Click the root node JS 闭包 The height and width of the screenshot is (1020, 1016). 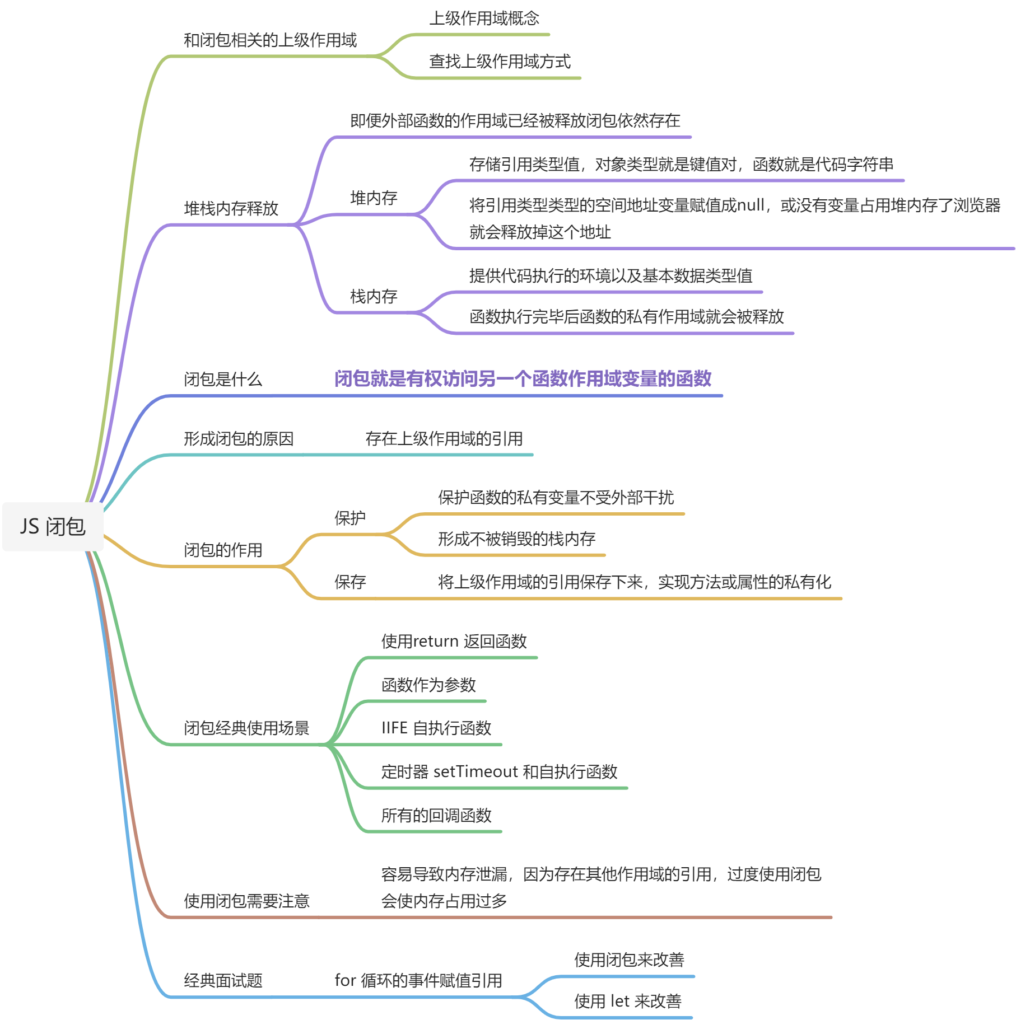tap(53, 527)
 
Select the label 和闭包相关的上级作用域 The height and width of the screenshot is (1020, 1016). tap(270, 40)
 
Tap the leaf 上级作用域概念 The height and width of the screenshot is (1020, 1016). tap(484, 18)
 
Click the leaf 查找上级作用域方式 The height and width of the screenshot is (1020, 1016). tap(500, 62)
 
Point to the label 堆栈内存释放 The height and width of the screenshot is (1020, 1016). tap(231, 209)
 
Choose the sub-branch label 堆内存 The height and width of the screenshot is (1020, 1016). tap(374, 198)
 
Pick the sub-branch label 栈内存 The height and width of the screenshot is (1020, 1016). tap(374, 296)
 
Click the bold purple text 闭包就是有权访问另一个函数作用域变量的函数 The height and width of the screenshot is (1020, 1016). tap(522, 379)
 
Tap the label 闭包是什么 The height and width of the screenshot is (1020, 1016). tap(223, 380)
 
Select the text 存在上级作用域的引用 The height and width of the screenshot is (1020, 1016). tap(444, 439)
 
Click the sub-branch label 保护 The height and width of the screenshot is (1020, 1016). tap(349, 518)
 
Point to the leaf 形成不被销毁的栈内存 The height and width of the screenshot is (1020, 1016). tap(516, 539)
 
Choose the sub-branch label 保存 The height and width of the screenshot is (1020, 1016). tap(349, 582)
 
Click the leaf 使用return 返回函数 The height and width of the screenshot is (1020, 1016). tap(454, 642)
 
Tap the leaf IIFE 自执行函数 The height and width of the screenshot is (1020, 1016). tap(436, 728)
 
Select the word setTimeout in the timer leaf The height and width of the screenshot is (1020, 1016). tap(476, 772)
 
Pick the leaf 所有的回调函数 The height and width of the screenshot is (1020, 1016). tap(436, 816)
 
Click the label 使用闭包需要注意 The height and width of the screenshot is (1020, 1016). tap(246, 901)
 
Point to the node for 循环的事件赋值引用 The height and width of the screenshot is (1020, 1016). tap(418, 981)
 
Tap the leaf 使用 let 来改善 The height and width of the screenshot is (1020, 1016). tap(627, 1002)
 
